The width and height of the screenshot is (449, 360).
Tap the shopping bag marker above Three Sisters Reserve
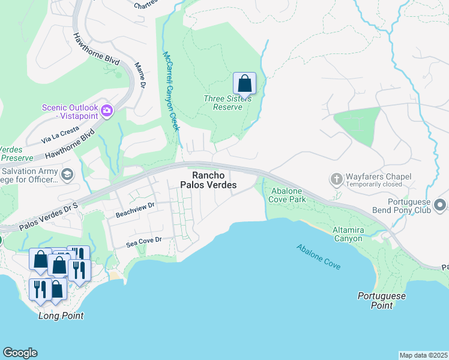tap(244, 82)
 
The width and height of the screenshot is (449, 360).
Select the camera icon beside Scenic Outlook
tap(107, 110)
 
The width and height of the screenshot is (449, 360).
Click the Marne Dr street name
tap(140, 76)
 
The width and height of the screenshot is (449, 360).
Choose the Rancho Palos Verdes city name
tap(214, 180)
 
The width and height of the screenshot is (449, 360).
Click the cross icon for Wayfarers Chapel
tap(336, 178)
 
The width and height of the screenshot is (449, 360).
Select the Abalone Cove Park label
tap(288, 194)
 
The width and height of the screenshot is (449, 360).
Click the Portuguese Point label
tap(382, 301)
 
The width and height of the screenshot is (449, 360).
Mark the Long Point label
tap(61, 316)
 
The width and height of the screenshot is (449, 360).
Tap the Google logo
tap(20, 353)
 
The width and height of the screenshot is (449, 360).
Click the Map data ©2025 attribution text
tap(423, 355)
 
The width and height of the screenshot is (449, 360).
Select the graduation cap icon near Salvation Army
tap(67, 174)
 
